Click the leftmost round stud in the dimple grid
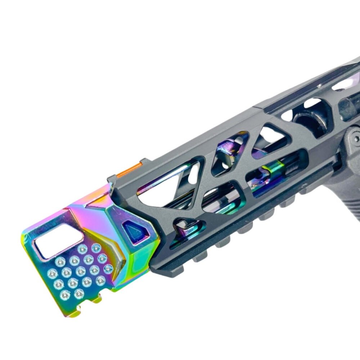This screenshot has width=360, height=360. click(x=52, y=273)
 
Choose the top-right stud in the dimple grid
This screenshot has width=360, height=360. click(x=96, y=248)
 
